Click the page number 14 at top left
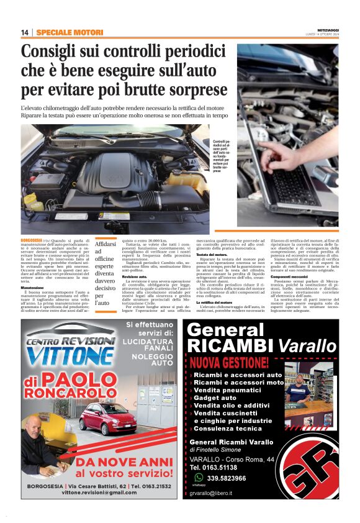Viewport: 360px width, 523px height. tap(25, 32)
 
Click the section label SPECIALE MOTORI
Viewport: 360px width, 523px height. tap(70, 32)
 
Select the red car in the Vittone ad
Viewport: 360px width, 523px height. tap(107, 417)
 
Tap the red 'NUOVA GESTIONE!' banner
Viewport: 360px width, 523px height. tap(230, 362)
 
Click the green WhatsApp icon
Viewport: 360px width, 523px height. tap(199, 477)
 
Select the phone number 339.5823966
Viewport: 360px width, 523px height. tap(227, 478)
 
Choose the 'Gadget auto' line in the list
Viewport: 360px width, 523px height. tap(215, 398)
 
